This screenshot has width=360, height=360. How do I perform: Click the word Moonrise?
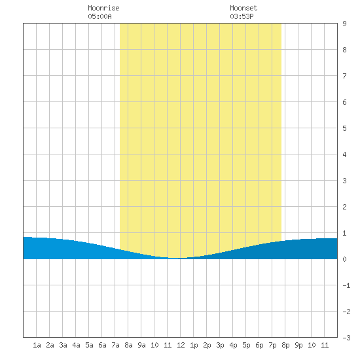point(103,8)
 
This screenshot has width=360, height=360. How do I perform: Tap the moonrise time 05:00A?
point(99,16)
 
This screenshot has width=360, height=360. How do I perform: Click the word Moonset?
point(243,8)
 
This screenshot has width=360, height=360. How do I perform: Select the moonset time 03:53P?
point(242,16)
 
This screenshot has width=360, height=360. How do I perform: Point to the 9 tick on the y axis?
point(344,24)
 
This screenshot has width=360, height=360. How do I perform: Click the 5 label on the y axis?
point(344,128)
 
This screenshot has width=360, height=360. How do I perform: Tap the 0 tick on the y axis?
point(344,259)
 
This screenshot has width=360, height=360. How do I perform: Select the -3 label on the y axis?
point(346,338)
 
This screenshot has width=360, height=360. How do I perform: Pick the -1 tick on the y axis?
point(346,285)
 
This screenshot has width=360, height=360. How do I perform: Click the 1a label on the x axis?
point(37,345)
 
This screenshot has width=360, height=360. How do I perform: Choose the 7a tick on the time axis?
point(115,345)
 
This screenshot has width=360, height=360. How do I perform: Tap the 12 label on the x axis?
point(181,345)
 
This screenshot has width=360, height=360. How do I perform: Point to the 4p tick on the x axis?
point(233,345)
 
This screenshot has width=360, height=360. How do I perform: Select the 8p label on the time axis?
point(285,345)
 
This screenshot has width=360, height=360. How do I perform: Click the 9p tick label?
point(298,345)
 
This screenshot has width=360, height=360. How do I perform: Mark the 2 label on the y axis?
point(344,207)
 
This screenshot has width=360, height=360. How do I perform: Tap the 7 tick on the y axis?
point(344,76)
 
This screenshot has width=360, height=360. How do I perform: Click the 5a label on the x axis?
point(89,345)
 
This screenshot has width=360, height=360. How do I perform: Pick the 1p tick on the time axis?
point(194,345)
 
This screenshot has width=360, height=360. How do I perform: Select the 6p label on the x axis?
point(259,345)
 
